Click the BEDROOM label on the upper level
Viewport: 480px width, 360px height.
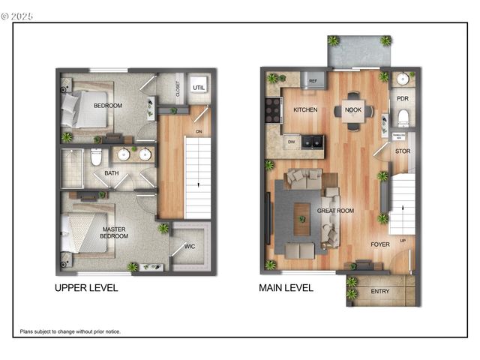point(108,106)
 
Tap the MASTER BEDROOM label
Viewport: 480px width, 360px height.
point(114,232)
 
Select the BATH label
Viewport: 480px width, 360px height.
point(111,173)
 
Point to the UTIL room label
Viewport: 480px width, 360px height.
point(198,88)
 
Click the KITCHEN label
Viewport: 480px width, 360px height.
point(305,110)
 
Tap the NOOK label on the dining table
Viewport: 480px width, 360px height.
point(353,110)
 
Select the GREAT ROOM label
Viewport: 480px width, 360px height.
point(335,211)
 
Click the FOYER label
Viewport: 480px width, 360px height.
point(380,244)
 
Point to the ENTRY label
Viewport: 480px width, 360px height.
point(380,291)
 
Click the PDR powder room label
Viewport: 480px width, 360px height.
point(402,98)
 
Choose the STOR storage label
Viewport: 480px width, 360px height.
point(402,151)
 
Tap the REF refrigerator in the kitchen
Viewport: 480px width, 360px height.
point(313,80)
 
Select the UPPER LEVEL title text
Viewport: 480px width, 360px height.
point(86,288)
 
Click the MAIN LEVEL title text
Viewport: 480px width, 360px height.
point(287,288)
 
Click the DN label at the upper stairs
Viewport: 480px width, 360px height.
point(198,132)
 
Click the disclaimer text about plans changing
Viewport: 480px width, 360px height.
point(70,331)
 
